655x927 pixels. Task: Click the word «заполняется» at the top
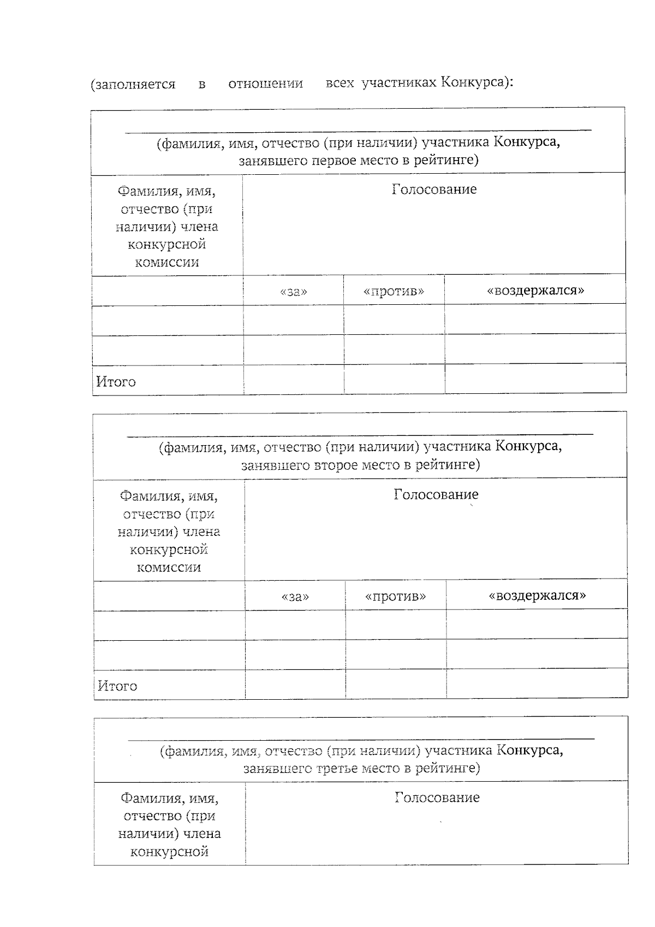pyautogui.click(x=133, y=85)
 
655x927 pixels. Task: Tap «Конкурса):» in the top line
pyautogui.click(x=477, y=82)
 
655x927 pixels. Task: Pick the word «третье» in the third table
pyautogui.click(x=338, y=769)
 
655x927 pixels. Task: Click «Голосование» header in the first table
pyautogui.click(x=434, y=190)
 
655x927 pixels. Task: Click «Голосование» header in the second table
pyautogui.click(x=436, y=494)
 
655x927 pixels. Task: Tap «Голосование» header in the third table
pyautogui.click(x=437, y=798)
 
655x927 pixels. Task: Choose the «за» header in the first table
pyautogui.click(x=294, y=291)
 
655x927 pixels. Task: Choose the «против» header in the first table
pyautogui.click(x=394, y=291)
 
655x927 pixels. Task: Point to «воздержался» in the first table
pyautogui.click(x=535, y=290)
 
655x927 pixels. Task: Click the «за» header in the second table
pyautogui.click(x=295, y=596)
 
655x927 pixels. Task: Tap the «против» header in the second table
pyautogui.click(x=395, y=596)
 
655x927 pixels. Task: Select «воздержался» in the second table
pyautogui.click(x=537, y=595)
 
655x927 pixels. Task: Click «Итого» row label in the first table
pyautogui.click(x=116, y=381)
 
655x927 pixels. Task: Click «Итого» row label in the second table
pyautogui.click(x=117, y=686)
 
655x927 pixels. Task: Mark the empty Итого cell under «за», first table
pyautogui.click(x=294, y=380)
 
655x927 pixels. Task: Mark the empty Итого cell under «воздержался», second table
pyautogui.click(x=537, y=683)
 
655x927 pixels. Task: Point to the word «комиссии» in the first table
pyautogui.click(x=167, y=262)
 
